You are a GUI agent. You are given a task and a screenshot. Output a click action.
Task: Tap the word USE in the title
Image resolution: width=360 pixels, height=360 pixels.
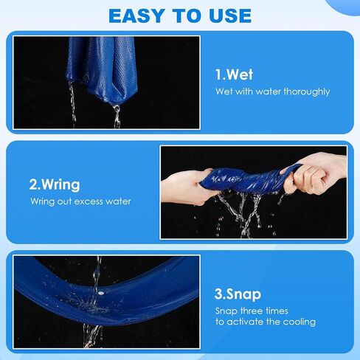[x=230, y=16]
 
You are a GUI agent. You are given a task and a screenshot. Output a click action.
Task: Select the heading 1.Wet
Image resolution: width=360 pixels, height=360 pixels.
[x=234, y=75]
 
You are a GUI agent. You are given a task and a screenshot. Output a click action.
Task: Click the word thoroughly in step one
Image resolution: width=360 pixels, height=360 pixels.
[x=307, y=92]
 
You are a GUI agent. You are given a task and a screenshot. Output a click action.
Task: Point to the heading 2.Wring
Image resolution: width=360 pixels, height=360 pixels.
[x=55, y=185]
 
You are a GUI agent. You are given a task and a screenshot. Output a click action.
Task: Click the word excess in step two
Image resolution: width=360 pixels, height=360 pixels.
[x=89, y=201]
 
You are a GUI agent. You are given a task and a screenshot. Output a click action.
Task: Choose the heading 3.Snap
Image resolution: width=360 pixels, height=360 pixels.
[x=238, y=294]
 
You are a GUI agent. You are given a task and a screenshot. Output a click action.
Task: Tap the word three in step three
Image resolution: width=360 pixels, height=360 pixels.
[x=253, y=311]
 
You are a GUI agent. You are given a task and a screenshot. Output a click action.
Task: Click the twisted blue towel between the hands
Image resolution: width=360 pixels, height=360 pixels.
[x=246, y=179]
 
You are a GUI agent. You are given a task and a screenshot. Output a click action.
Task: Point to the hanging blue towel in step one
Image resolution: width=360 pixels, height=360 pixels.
[x=102, y=69]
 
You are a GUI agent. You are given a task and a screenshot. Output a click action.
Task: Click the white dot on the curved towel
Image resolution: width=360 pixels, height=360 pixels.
[x=100, y=293]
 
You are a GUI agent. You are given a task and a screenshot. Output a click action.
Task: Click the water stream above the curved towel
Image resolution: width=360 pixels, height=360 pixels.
[x=97, y=273]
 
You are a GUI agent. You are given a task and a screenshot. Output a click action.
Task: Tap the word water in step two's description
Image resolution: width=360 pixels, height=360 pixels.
[x=118, y=201]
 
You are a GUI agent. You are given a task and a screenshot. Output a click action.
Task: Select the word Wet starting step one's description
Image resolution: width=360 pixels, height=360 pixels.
[x=224, y=91]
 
